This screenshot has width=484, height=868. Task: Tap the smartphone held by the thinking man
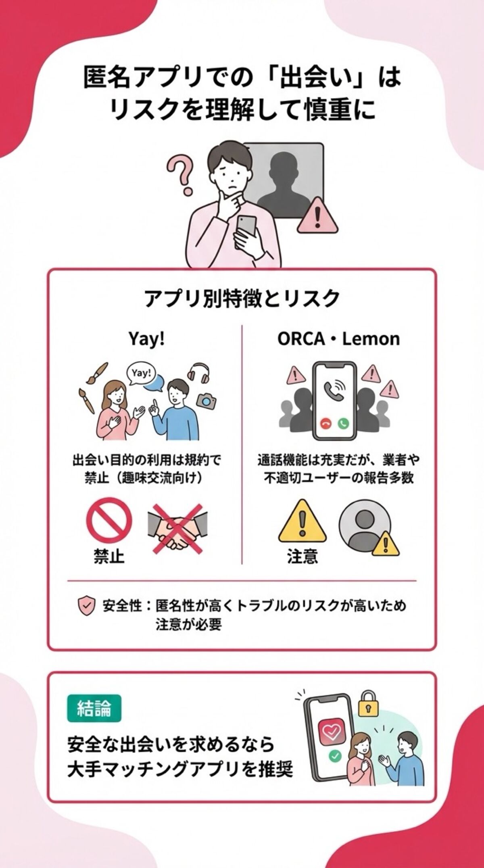[246, 226]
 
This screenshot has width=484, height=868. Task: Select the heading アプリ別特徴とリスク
[242, 299]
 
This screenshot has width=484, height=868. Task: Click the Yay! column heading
[146, 339]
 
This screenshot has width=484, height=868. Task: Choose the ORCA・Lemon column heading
[338, 339]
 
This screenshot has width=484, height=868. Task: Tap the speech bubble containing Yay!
[141, 373]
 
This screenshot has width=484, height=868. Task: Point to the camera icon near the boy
[206, 401]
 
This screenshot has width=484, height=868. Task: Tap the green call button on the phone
[343, 423]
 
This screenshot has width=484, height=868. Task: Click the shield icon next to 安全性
[86, 606]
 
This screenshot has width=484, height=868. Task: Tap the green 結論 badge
[94, 708]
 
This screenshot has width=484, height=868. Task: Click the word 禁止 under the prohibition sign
[109, 556]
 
